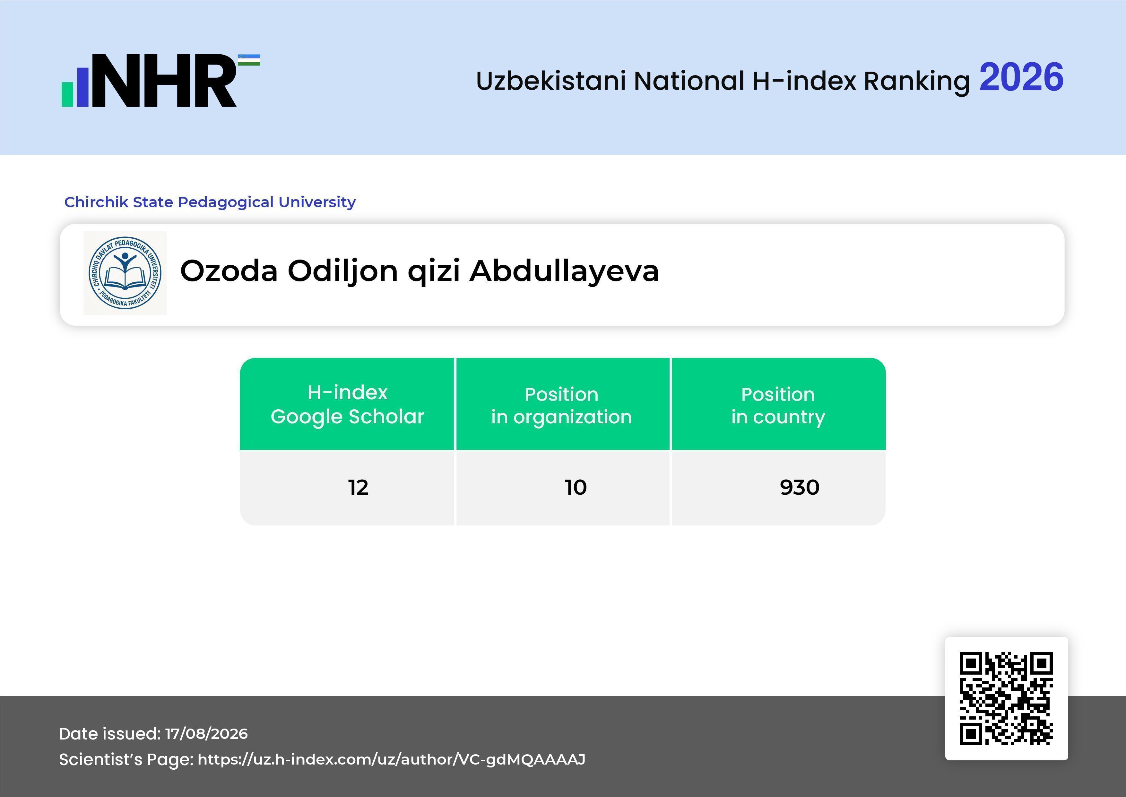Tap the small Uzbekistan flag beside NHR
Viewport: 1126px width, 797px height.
point(249,60)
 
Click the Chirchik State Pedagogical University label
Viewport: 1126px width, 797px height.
point(210,202)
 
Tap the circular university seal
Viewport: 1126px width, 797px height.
point(125,273)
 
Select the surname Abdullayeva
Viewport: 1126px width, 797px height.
point(564,270)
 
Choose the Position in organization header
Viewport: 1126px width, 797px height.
point(561,405)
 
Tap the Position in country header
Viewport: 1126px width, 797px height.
point(778,405)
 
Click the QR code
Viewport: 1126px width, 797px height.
point(1006,698)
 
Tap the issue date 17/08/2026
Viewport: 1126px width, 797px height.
point(206,734)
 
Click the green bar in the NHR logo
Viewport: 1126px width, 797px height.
point(67,94)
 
